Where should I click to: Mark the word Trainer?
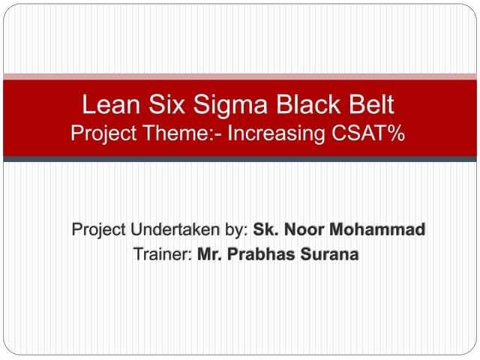162,254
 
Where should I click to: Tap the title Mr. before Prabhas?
211,254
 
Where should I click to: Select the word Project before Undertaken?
97,229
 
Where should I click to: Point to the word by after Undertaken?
238,229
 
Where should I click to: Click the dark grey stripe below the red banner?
240,159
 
